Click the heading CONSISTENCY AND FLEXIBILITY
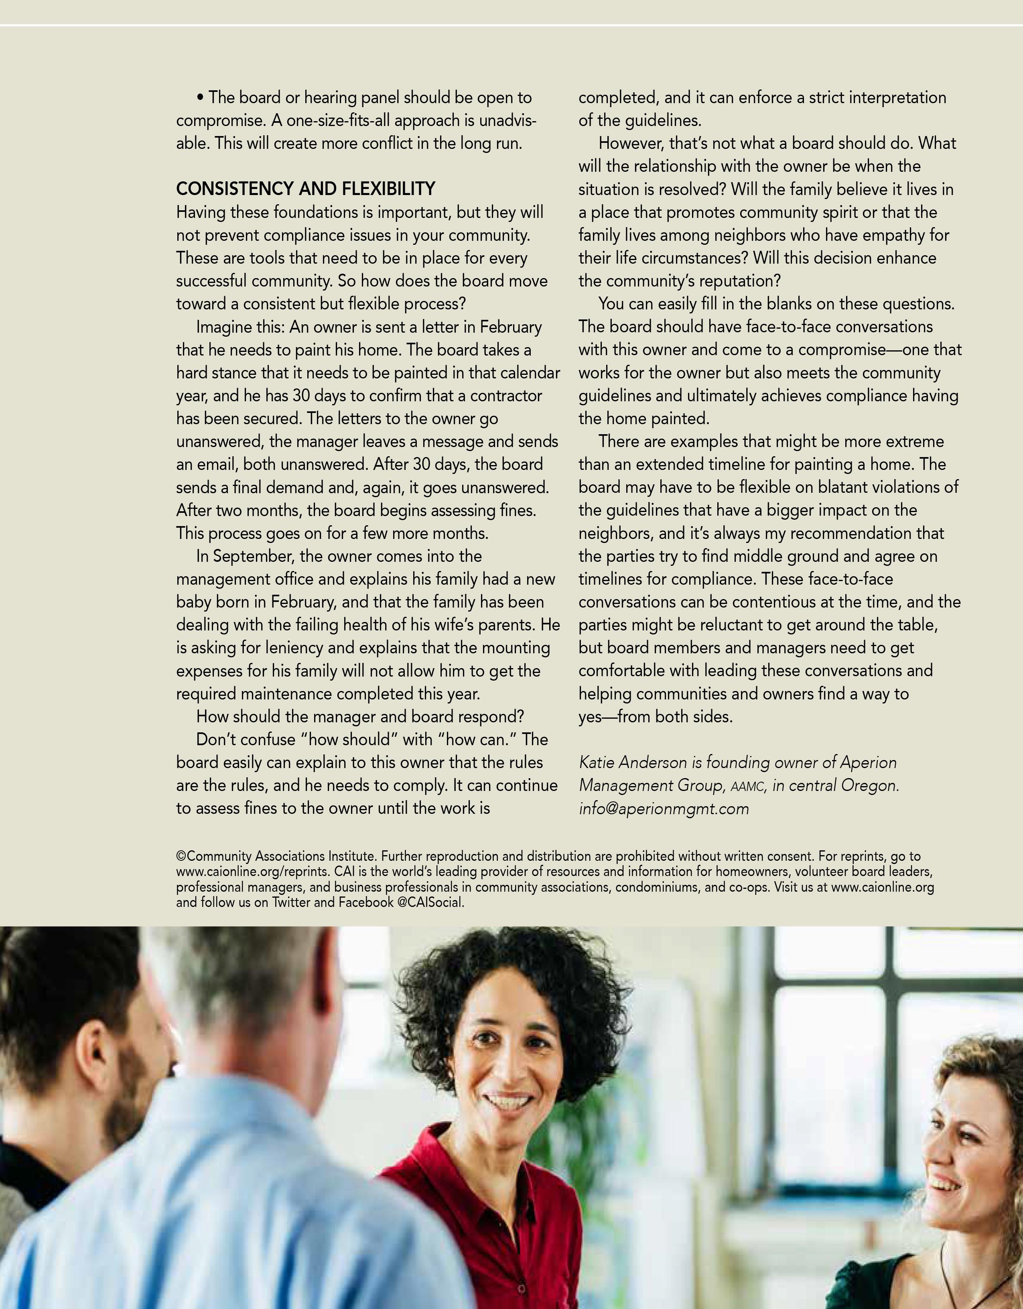tap(306, 189)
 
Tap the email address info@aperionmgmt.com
tap(664, 809)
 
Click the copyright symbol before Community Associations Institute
tap(181, 856)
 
